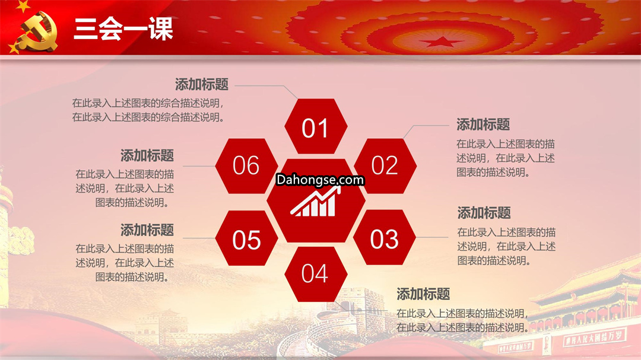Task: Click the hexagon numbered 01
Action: tap(316, 126)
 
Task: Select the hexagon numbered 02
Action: tap(385, 166)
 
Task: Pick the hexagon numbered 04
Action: tap(316, 274)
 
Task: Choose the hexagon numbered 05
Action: tap(246, 238)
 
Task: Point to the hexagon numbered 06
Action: tap(246, 166)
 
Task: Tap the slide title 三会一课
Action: tap(123, 29)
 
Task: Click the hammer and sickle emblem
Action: tap(38, 32)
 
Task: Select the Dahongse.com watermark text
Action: tap(320, 180)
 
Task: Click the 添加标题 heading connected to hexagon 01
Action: tap(202, 85)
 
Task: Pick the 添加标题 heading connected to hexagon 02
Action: tap(483, 125)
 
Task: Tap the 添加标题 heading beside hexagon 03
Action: tap(484, 213)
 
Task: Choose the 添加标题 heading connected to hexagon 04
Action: tap(423, 294)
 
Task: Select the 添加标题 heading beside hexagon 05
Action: tap(147, 230)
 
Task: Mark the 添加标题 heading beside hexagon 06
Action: tap(147, 156)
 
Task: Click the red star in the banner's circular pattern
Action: tap(441, 42)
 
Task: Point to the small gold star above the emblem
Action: tap(23, 6)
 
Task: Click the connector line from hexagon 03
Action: tap(432, 237)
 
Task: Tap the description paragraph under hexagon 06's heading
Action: tap(125, 189)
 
